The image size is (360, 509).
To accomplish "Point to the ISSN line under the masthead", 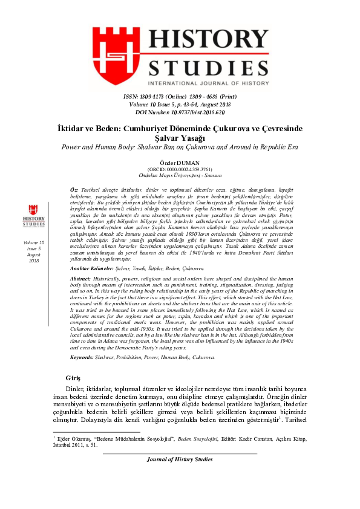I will click(179, 97).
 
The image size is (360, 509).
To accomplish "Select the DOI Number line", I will click(179, 112).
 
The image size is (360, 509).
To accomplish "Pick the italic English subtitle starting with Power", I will click(179, 148).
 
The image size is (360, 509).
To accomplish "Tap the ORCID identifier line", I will click(179, 169).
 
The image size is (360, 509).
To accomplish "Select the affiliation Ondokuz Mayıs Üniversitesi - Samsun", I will click(179, 176).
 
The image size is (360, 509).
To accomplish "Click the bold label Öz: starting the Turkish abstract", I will click(74, 189).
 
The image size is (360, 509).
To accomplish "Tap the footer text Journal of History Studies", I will click(179, 459).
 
